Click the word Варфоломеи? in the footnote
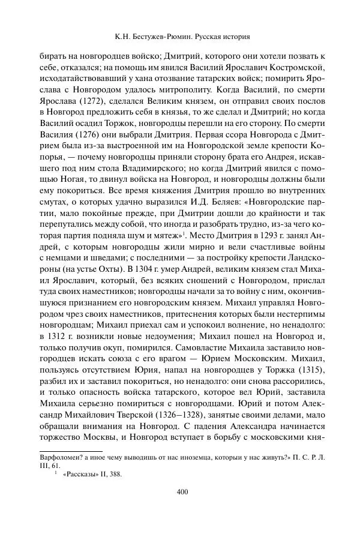[x=61, y=457]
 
